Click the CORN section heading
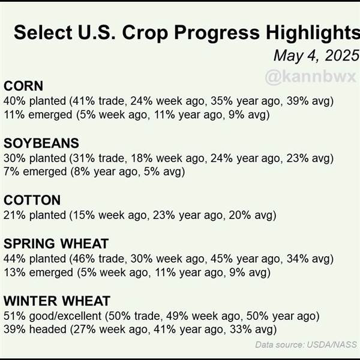[x=23, y=86]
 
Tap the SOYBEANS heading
[x=41, y=143]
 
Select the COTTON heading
[x=32, y=200]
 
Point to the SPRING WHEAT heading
[x=56, y=244]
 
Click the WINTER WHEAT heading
[x=57, y=301]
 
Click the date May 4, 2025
[x=316, y=56]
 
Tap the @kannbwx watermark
[x=310, y=76]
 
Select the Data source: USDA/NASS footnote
[x=306, y=344]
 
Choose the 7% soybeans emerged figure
[x=11, y=172]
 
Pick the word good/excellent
[x=65, y=316]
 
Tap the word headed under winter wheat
[x=48, y=329]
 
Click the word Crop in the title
[x=145, y=34]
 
